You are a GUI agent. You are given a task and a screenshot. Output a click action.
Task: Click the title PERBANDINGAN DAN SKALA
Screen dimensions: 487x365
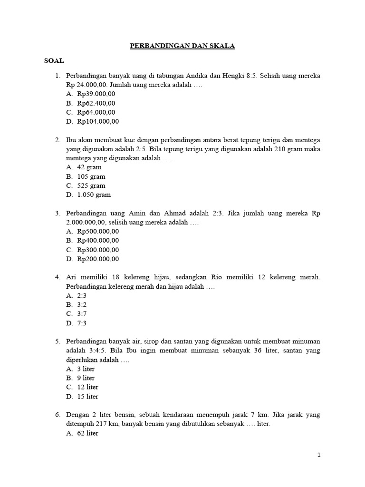[183, 46]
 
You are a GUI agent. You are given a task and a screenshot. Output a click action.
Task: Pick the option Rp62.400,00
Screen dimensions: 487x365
[96, 103]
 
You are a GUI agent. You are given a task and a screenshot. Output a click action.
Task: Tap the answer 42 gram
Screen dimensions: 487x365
[89, 167]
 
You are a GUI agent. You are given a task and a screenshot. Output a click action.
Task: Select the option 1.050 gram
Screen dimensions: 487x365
[94, 195]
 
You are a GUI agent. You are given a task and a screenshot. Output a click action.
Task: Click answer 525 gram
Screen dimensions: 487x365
[91, 186]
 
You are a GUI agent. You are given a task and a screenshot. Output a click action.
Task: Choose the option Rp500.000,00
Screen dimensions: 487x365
[98, 232]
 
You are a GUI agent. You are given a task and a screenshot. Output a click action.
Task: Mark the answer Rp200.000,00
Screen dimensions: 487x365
[98, 259]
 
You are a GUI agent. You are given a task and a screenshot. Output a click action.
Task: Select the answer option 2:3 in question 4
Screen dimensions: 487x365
[82, 296]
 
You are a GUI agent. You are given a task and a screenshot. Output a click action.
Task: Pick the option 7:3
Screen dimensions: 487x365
[82, 323]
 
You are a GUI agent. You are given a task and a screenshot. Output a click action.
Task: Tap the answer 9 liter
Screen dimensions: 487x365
[86, 378]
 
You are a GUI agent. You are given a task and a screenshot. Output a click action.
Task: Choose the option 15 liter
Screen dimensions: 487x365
[87, 397]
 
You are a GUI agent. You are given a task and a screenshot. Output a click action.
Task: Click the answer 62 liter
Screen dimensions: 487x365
[87, 433]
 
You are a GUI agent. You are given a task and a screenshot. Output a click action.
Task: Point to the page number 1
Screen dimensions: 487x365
[319, 455]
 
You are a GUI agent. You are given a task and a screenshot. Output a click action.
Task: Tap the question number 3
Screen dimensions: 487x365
[57, 214]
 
